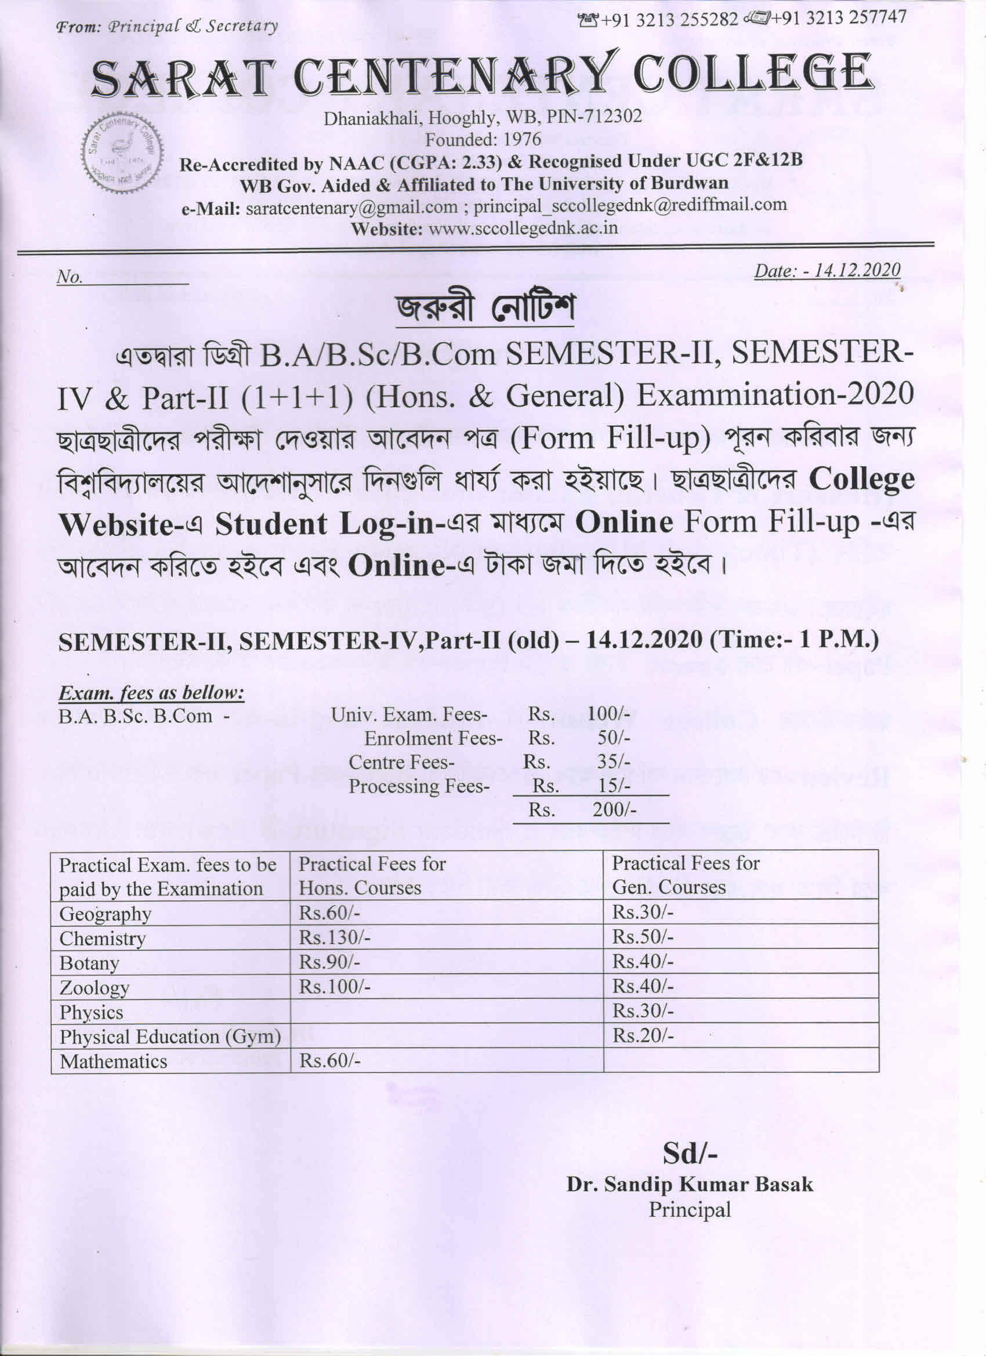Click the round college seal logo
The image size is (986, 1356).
click(x=122, y=153)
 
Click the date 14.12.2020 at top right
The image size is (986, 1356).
click(x=827, y=271)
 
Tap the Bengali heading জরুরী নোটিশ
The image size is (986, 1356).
click(x=484, y=309)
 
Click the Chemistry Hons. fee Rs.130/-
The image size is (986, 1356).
click(x=334, y=937)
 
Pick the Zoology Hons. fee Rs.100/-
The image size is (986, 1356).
click(x=334, y=987)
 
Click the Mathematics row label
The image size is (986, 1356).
click(x=113, y=1061)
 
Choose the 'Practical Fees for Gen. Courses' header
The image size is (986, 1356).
click(x=684, y=875)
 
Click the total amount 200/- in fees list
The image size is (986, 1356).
click(x=614, y=810)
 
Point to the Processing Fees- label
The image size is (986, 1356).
click(x=419, y=786)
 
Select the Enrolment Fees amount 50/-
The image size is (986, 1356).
click(x=614, y=738)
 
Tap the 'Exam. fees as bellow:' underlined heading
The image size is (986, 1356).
click(x=151, y=693)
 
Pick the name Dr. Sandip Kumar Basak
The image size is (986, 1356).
click(x=690, y=1184)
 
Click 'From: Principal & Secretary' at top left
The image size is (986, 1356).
click(x=167, y=26)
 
